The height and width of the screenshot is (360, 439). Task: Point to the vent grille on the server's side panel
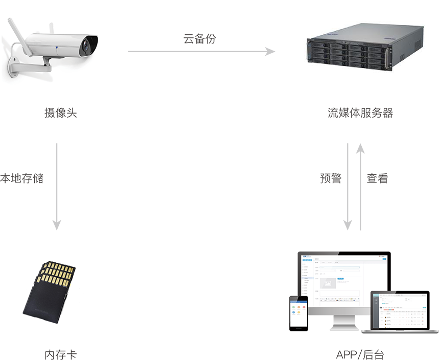pos(409,43)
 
